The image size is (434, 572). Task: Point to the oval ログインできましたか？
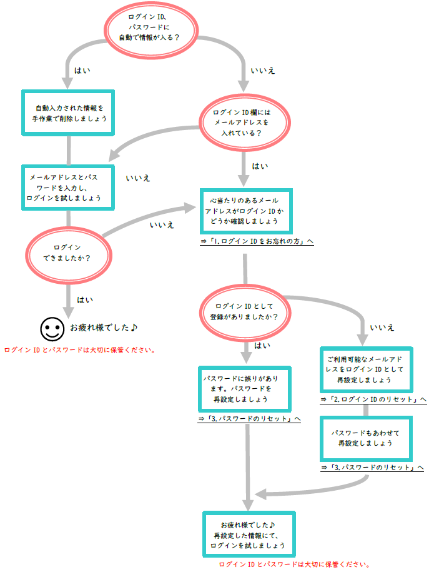(x=68, y=253)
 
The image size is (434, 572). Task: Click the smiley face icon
(x=52, y=327)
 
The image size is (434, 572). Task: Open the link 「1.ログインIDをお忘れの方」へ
(x=257, y=241)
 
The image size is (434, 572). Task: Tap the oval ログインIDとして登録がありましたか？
(x=244, y=311)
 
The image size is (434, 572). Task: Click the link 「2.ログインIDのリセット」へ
(x=373, y=399)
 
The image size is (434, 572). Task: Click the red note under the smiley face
(x=79, y=349)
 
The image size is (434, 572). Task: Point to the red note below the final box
(x=294, y=564)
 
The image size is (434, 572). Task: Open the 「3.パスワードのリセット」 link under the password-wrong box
(x=249, y=418)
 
